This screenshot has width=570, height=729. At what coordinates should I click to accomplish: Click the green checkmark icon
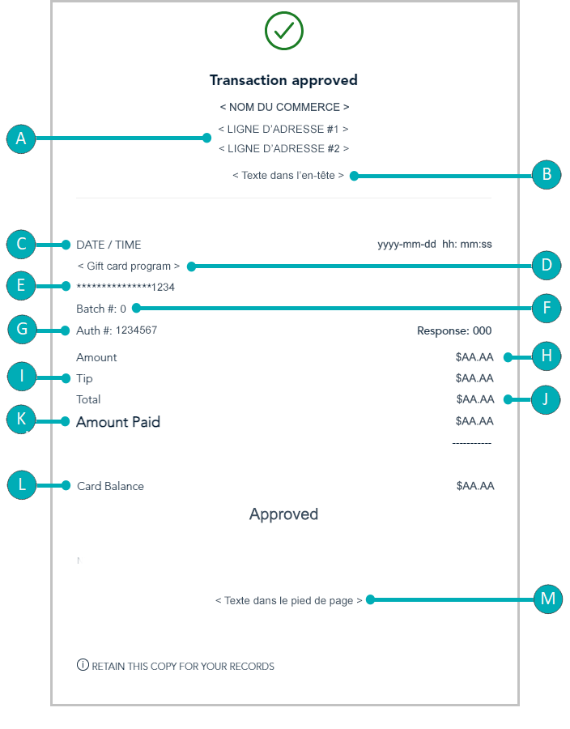point(284,31)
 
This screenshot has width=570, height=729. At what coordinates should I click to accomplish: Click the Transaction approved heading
point(283,80)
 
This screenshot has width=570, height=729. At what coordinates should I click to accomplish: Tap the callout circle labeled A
point(21,139)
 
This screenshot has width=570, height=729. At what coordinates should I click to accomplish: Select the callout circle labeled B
point(547,174)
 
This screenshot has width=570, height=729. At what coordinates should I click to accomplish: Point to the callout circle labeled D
point(547,265)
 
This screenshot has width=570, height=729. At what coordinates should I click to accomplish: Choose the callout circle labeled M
point(548,599)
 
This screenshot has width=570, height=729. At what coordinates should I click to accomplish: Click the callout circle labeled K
point(21,419)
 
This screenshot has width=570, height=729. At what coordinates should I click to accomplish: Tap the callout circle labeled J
point(546,399)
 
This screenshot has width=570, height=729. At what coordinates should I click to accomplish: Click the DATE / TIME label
point(108,245)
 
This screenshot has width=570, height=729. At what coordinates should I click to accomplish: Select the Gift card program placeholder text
point(129,266)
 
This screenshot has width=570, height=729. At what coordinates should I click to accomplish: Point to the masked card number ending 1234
point(125,288)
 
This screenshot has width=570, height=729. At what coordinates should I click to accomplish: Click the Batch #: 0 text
point(101,309)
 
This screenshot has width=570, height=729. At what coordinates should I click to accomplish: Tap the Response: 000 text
point(454,331)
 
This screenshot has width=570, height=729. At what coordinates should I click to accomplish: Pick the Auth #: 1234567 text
point(117,330)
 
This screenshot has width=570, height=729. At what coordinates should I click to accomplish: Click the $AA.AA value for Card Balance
point(475,486)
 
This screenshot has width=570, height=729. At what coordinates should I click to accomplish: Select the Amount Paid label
point(118,422)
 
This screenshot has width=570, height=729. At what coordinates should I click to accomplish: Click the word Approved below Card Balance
point(284,514)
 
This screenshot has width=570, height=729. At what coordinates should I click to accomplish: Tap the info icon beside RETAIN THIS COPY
point(83,665)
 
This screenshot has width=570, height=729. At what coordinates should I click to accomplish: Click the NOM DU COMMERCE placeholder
point(284,108)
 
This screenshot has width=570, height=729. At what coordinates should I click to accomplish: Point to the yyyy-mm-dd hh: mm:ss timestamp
point(435,245)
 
